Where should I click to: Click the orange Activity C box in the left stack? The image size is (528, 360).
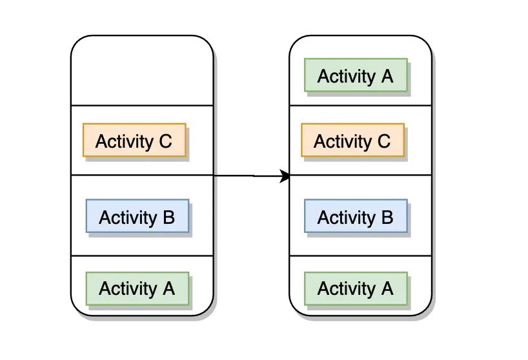134,140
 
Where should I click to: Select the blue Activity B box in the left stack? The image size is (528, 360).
137,216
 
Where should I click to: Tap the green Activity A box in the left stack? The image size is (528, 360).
137,288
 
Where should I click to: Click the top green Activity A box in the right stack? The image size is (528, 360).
356,75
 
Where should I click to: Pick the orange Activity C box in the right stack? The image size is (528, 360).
353,140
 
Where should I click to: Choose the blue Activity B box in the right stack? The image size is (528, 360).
356,216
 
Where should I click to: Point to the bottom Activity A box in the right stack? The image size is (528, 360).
356,288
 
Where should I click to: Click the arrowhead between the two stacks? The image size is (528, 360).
285,176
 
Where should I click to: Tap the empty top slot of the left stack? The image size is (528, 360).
142,71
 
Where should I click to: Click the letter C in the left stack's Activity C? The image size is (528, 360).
166,141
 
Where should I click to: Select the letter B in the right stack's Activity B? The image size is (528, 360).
387,217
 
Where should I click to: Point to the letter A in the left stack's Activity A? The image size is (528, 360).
168,288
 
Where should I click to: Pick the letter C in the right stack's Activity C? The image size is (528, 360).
384,141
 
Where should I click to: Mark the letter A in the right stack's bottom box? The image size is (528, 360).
387,288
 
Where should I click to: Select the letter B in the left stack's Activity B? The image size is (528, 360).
169,217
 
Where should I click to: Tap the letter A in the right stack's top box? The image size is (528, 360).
387,76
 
